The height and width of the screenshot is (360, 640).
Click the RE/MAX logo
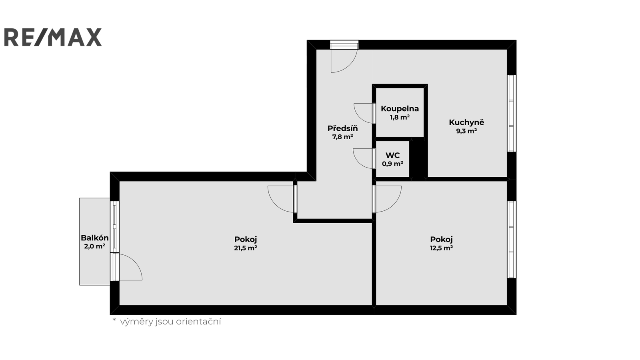click(x=53, y=37)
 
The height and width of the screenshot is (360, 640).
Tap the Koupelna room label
click(x=400, y=108)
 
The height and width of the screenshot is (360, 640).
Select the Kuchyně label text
click(x=466, y=122)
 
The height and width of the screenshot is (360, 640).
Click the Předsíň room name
click(x=342, y=128)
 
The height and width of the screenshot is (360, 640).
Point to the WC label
click(x=392, y=156)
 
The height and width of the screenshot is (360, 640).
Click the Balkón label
click(x=94, y=238)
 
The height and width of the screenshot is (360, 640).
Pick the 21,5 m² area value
click(x=246, y=248)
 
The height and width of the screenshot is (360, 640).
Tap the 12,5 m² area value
click(x=441, y=248)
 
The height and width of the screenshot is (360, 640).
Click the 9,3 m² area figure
click(x=466, y=131)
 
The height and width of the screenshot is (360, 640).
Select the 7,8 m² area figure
click(x=342, y=136)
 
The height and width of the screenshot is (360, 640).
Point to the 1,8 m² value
click(x=400, y=117)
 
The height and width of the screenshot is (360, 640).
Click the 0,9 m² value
click(x=392, y=164)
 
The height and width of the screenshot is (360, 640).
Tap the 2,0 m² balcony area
click(x=94, y=246)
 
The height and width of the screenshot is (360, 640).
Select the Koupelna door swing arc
click(x=359, y=118)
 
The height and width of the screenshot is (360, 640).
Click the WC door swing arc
click(x=358, y=163)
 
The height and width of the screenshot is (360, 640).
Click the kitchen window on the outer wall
click(x=512, y=113)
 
